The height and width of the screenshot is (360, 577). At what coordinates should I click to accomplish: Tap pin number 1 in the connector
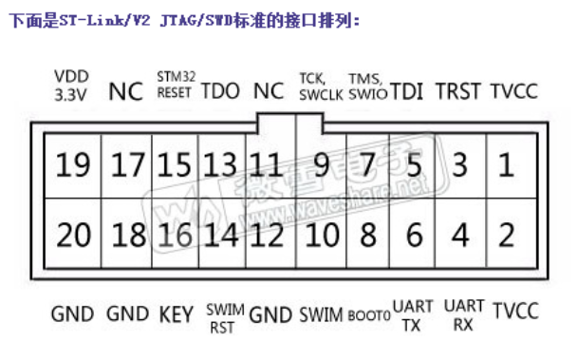coord(506,166)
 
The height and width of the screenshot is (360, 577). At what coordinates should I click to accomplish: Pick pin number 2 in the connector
coord(506,233)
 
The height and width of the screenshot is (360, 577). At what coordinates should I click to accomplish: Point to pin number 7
coord(367,166)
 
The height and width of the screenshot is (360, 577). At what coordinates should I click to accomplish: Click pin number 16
coord(176,233)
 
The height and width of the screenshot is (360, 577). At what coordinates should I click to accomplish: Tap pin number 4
coord(461,233)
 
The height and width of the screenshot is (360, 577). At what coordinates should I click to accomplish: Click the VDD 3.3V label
coord(71,85)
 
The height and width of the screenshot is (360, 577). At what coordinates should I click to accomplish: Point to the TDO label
coord(221,91)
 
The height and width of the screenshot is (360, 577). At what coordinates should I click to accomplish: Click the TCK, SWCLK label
coord(316,85)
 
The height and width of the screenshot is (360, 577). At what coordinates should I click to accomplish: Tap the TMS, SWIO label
coord(366,85)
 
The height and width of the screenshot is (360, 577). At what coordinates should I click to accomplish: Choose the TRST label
coord(458,91)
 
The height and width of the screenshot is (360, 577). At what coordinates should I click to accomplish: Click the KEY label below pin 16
coord(177,313)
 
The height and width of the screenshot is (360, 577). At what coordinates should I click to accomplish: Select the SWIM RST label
coord(224,318)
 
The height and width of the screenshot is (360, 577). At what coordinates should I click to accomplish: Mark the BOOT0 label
coord(369,314)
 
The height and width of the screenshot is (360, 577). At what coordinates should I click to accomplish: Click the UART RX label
coord(464,315)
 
